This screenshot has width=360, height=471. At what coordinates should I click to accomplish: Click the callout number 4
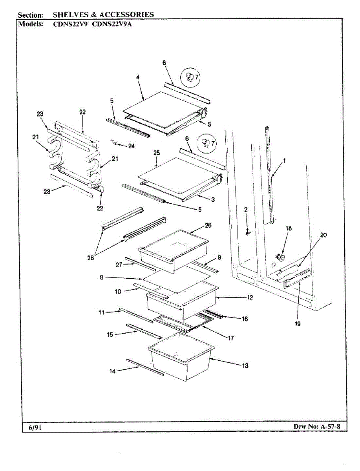pyautogui.click(x=138, y=77)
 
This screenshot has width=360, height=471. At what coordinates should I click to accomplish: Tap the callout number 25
pyautogui.click(x=157, y=153)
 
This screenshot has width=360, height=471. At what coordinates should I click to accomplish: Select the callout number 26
pyautogui.click(x=208, y=225)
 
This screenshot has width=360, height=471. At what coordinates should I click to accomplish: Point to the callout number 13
pyautogui.click(x=245, y=366)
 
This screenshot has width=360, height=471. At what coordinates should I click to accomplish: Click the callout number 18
pyautogui.click(x=289, y=228)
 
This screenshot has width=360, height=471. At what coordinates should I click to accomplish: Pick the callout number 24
pyautogui.click(x=131, y=146)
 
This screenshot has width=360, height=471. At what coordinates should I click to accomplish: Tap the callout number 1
pyautogui.click(x=284, y=160)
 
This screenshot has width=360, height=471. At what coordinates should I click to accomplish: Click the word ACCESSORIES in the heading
pyautogui.click(x=126, y=15)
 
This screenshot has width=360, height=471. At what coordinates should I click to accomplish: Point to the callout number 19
pyautogui.click(x=298, y=324)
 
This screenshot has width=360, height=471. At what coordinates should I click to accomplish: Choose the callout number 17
pyautogui.click(x=230, y=338)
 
